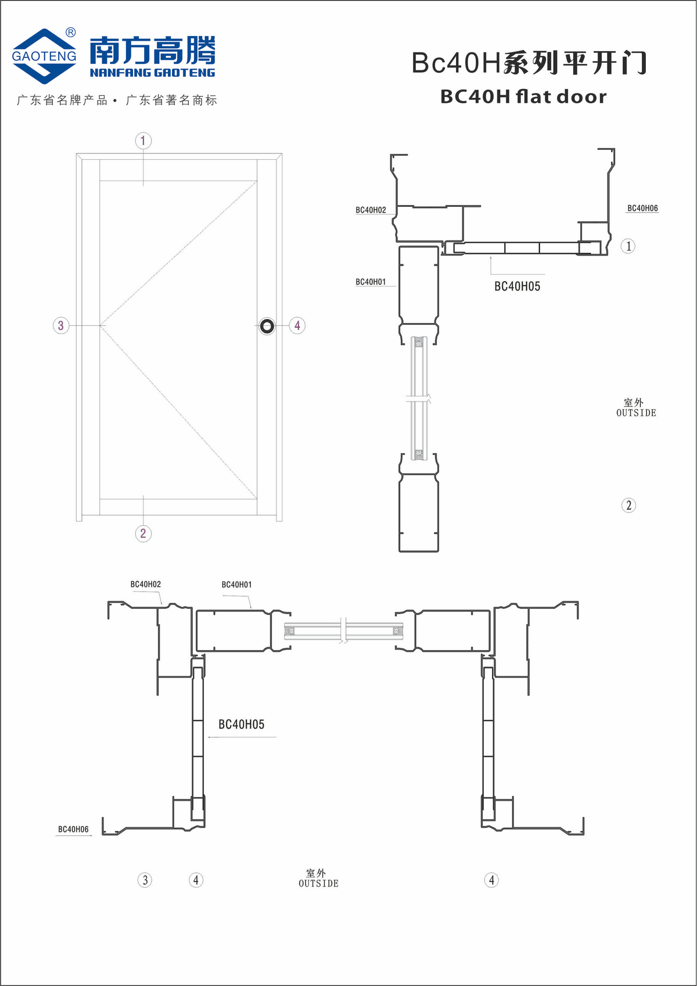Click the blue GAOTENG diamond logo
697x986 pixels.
(x=44, y=56)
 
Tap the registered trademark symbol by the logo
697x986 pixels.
(x=70, y=33)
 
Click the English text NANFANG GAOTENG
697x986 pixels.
(x=152, y=73)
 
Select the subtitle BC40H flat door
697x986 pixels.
(x=523, y=96)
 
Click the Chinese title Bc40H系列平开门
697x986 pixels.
(x=529, y=63)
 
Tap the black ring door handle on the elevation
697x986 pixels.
(x=267, y=326)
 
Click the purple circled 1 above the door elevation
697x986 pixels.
(x=143, y=141)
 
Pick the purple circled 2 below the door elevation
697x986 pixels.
(x=143, y=533)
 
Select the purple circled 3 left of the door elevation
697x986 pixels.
(x=61, y=326)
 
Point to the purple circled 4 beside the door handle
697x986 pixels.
(x=297, y=326)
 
